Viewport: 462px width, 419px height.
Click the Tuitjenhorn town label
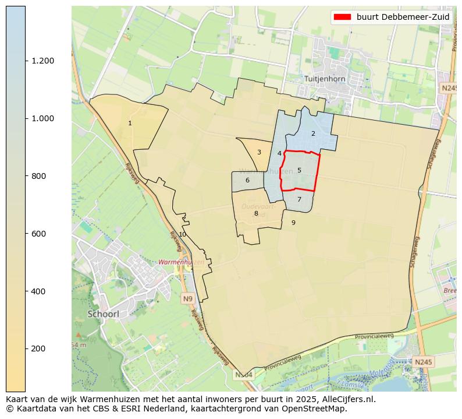click(325, 78)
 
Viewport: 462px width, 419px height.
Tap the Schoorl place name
click(104, 314)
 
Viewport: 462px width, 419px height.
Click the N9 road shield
click(187, 299)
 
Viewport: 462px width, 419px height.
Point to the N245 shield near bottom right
click(423, 362)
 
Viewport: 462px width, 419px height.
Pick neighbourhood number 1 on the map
click(130, 124)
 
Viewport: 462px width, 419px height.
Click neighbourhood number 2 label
click(313, 133)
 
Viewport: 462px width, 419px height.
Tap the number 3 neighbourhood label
click(259, 153)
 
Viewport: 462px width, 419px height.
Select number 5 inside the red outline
click(299, 171)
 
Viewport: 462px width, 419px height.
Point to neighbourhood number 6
click(247, 181)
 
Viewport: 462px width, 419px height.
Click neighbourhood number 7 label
click(299, 199)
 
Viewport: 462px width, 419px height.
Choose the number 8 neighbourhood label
click(256, 214)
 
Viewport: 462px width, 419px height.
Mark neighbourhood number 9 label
click(293, 223)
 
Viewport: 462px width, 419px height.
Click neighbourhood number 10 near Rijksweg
click(182, 234)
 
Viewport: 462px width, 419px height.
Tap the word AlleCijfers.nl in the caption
click(347, 400)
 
